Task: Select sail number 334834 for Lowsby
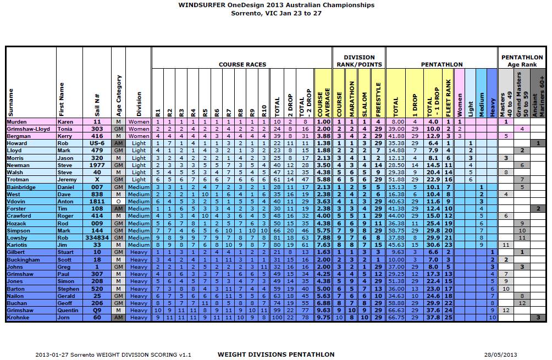pos(97,238)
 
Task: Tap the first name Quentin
pos(69,311)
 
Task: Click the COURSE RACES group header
pos(242,64)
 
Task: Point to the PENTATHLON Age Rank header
pos(521,60)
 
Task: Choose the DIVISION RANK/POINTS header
pos(359,60)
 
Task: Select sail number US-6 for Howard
pos(97,143)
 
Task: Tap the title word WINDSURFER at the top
pos(202,5)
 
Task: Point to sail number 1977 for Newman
pos(97,164)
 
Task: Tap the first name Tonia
pos(66,128)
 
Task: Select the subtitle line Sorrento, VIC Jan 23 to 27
pos(276,13)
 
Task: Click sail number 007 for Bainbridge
pos(97,187)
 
